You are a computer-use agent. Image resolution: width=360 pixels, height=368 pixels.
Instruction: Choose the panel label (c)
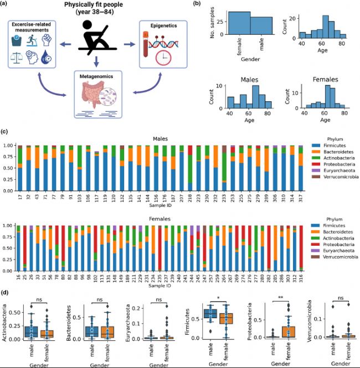pos(4,132)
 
